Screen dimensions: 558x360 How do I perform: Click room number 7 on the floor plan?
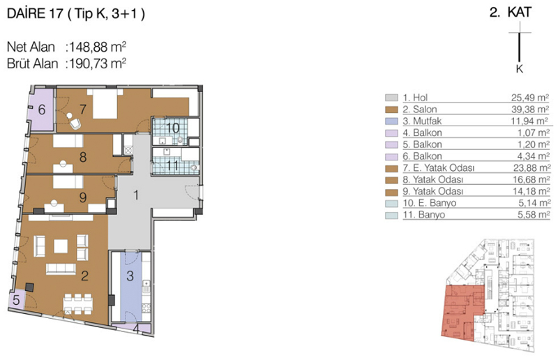(83, 110)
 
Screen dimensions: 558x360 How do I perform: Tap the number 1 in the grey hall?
(135, 195)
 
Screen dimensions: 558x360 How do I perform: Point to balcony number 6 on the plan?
(42, 110)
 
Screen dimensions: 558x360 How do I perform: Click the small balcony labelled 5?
(16, 300)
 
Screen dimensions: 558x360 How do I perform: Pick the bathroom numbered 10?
(172, 128)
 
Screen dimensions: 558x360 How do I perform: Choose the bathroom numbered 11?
(172, 165)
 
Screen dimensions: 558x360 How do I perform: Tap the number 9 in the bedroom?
(83, 197)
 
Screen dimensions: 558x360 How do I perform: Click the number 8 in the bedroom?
(83, 157)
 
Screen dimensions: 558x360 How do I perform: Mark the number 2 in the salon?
(84, 276)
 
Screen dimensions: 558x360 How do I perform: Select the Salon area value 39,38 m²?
(530, 110)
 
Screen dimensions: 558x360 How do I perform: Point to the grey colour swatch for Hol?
(391, 98)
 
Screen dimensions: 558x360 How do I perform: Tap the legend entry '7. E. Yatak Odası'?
(439, 167)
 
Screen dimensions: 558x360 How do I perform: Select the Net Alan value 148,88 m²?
(98, 47)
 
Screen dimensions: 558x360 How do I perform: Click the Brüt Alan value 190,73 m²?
(98, 63)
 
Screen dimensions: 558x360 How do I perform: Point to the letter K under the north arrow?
(520, 69)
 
